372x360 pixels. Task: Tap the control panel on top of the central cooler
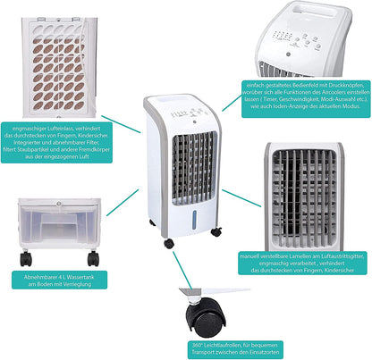[182, 115]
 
